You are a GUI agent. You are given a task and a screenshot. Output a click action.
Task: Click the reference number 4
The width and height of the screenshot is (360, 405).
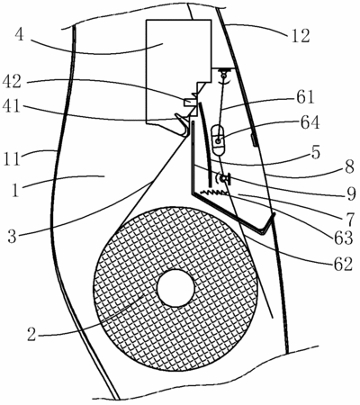point(19,35)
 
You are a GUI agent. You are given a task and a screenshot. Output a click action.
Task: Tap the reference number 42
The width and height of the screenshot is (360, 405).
point(12,82)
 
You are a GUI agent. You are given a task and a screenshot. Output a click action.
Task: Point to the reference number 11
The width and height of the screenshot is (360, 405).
point(12,159)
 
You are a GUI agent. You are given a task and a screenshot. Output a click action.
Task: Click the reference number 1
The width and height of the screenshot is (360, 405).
point(16,190)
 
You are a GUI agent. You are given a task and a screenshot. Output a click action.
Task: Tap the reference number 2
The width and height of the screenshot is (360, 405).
point(31,334)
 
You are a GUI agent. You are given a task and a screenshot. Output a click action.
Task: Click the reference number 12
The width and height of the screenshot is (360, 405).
point(301,36)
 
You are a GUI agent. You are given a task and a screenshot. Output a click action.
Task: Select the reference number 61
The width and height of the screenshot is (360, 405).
point(305,97)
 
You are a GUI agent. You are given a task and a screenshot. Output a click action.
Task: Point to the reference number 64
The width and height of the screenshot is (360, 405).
point(310,123)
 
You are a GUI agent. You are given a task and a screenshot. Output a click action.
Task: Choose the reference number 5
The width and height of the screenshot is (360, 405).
point(315,152)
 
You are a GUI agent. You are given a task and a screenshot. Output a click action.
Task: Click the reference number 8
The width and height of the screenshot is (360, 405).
point(350,167)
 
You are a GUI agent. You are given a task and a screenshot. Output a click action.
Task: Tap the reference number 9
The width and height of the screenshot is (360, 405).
point(350,193)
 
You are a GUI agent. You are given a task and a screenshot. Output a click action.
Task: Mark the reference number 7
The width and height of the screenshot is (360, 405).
point(349,220)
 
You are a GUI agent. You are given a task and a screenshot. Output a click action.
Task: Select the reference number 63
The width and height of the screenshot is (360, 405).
point(343,238)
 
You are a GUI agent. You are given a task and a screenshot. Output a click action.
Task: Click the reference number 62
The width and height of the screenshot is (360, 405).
point(342,265)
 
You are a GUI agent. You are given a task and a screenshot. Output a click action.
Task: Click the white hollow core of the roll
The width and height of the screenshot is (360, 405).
point(175,288)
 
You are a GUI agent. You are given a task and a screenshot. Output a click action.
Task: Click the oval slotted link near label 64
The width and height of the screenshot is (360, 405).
point(219,140)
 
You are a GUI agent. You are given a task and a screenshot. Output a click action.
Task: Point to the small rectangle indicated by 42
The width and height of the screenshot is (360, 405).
point(189,103)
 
